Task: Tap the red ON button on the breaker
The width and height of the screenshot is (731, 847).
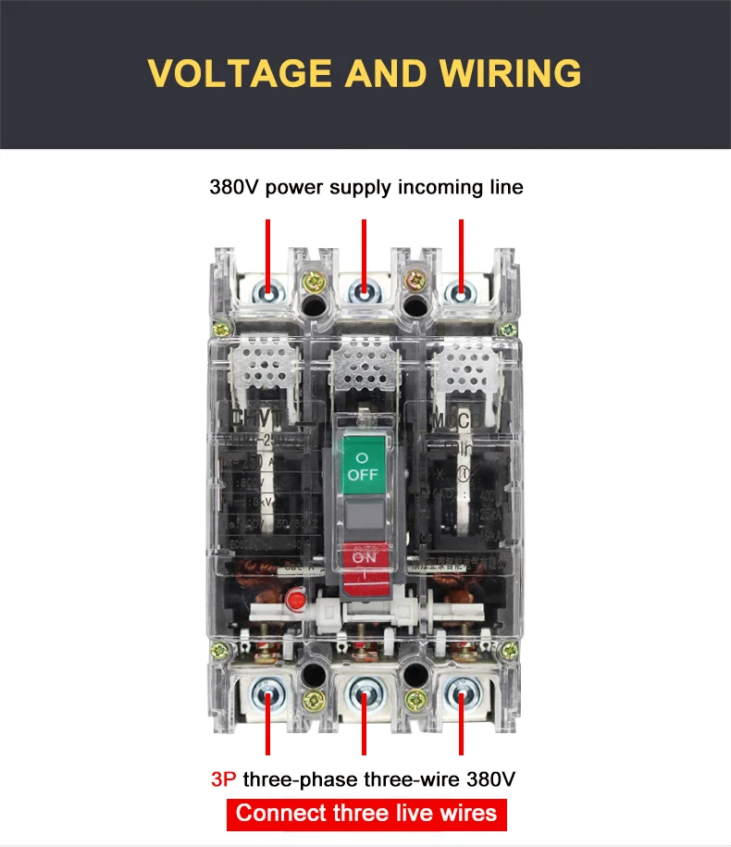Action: pyautogui.click(x=364, y=560)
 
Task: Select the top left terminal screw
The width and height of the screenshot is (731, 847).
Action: pyautogui.click(x=269, y=293)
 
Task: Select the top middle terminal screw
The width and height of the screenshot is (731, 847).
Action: pyautogui.click(x=365, y=293)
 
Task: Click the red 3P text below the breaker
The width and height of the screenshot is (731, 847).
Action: pyautogui.click(x=224, y=779)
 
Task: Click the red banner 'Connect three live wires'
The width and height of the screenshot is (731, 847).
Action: pyautogui.click(x=365, y=814)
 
